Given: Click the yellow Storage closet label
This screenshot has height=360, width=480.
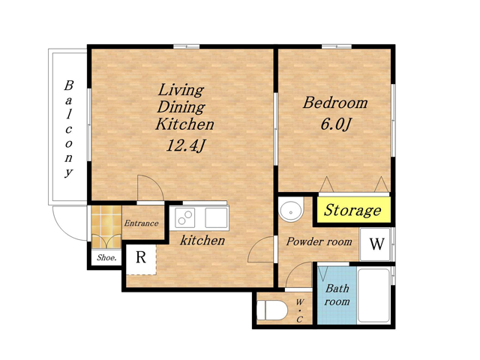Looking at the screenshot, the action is click(x=352, y=210).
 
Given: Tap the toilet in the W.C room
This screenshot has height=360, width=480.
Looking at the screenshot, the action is click(x=272, y=310).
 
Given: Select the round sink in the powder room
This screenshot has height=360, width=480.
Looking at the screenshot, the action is click(x=291, y=211).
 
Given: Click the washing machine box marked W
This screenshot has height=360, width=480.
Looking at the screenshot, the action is click(x=375, y=244).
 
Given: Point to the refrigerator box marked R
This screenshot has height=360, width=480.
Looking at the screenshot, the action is click(x=141, y=257).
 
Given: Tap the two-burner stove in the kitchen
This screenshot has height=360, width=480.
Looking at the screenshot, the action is click(x=185, y=217).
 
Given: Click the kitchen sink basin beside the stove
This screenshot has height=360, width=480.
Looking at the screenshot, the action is click(x=216, y=217).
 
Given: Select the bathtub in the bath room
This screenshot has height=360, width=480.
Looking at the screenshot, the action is click(x=374, y=295).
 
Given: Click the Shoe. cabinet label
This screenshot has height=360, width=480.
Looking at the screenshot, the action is click(x=106, y=258).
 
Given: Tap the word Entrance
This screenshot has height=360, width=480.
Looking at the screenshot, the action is click(x=141, y=223).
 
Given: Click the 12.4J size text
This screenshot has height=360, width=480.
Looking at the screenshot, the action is click(x=185, y=145).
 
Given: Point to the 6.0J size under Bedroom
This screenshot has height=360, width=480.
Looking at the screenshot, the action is click(x=335, y=124).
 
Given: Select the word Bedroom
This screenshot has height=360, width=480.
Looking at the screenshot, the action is click(x=335, y=103).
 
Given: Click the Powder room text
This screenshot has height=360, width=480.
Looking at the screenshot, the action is click(x=319, y=241).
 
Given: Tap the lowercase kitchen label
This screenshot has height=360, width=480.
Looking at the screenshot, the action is click(x=202, y=240).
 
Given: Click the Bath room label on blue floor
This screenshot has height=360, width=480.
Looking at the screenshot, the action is click(x=337, y=295).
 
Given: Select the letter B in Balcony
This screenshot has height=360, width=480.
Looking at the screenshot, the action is click(x=69, y=85).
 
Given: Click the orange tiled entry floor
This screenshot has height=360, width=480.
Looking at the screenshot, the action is click(x=106, y=226).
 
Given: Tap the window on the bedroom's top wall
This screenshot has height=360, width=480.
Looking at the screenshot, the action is click(x=337, y=46).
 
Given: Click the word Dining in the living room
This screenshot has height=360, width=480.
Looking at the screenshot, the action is click(x=181, y=107).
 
